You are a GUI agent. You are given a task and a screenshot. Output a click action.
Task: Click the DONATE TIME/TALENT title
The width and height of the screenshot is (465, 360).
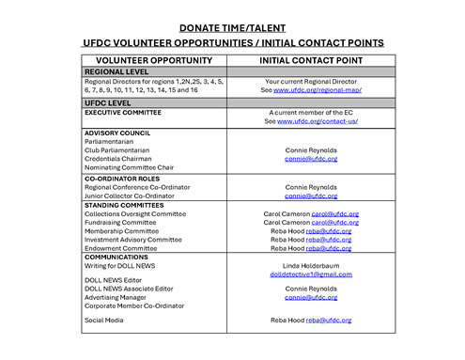tap(232, 26)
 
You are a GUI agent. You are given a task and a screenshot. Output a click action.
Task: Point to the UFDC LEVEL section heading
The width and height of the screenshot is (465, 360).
tap(108, 102)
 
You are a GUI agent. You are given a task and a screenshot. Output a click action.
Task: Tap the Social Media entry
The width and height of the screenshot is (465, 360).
tap(102, 320)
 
